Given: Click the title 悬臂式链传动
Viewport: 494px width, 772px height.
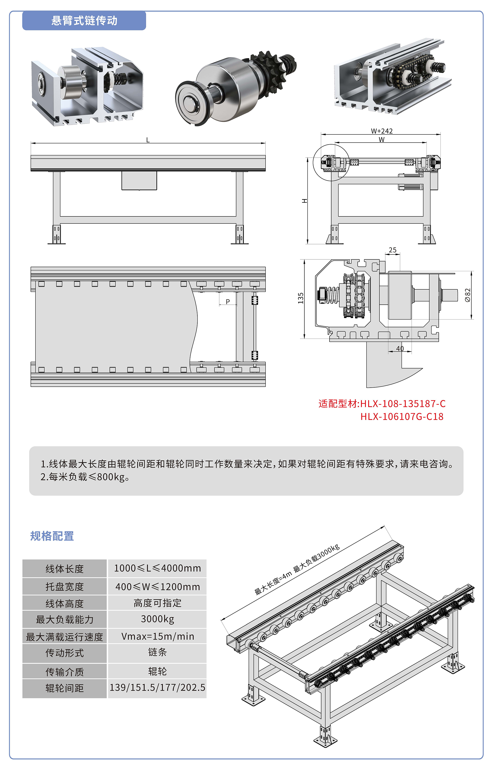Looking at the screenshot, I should coord(84,21).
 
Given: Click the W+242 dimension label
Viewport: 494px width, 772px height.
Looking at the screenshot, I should coord(381,131).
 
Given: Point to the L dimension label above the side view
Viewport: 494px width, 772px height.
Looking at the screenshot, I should coord(148,140).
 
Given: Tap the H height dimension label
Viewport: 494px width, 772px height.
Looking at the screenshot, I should coord(305,201).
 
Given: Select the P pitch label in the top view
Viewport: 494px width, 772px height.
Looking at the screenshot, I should coord(228,301).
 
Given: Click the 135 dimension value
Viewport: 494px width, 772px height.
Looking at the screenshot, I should coord(301,298).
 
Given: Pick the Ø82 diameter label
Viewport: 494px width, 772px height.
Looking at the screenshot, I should coord(468,295).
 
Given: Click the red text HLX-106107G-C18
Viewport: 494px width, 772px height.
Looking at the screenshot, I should coord(402,417).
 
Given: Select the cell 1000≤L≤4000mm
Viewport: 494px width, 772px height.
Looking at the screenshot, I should coord(157,568).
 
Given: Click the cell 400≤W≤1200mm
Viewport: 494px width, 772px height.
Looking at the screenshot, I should coord(157,587).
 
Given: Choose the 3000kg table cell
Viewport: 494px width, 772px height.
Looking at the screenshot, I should coord(157,619).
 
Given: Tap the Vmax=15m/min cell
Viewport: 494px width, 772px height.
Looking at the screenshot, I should coord(157,636).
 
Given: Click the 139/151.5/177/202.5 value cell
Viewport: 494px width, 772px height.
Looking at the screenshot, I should coord(157,688).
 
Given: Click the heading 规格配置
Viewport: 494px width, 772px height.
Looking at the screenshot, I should coord(52,536).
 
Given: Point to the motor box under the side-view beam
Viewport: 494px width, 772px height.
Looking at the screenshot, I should coord(139,180).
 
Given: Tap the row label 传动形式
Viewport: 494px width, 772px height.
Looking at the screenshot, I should coord(65,653).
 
